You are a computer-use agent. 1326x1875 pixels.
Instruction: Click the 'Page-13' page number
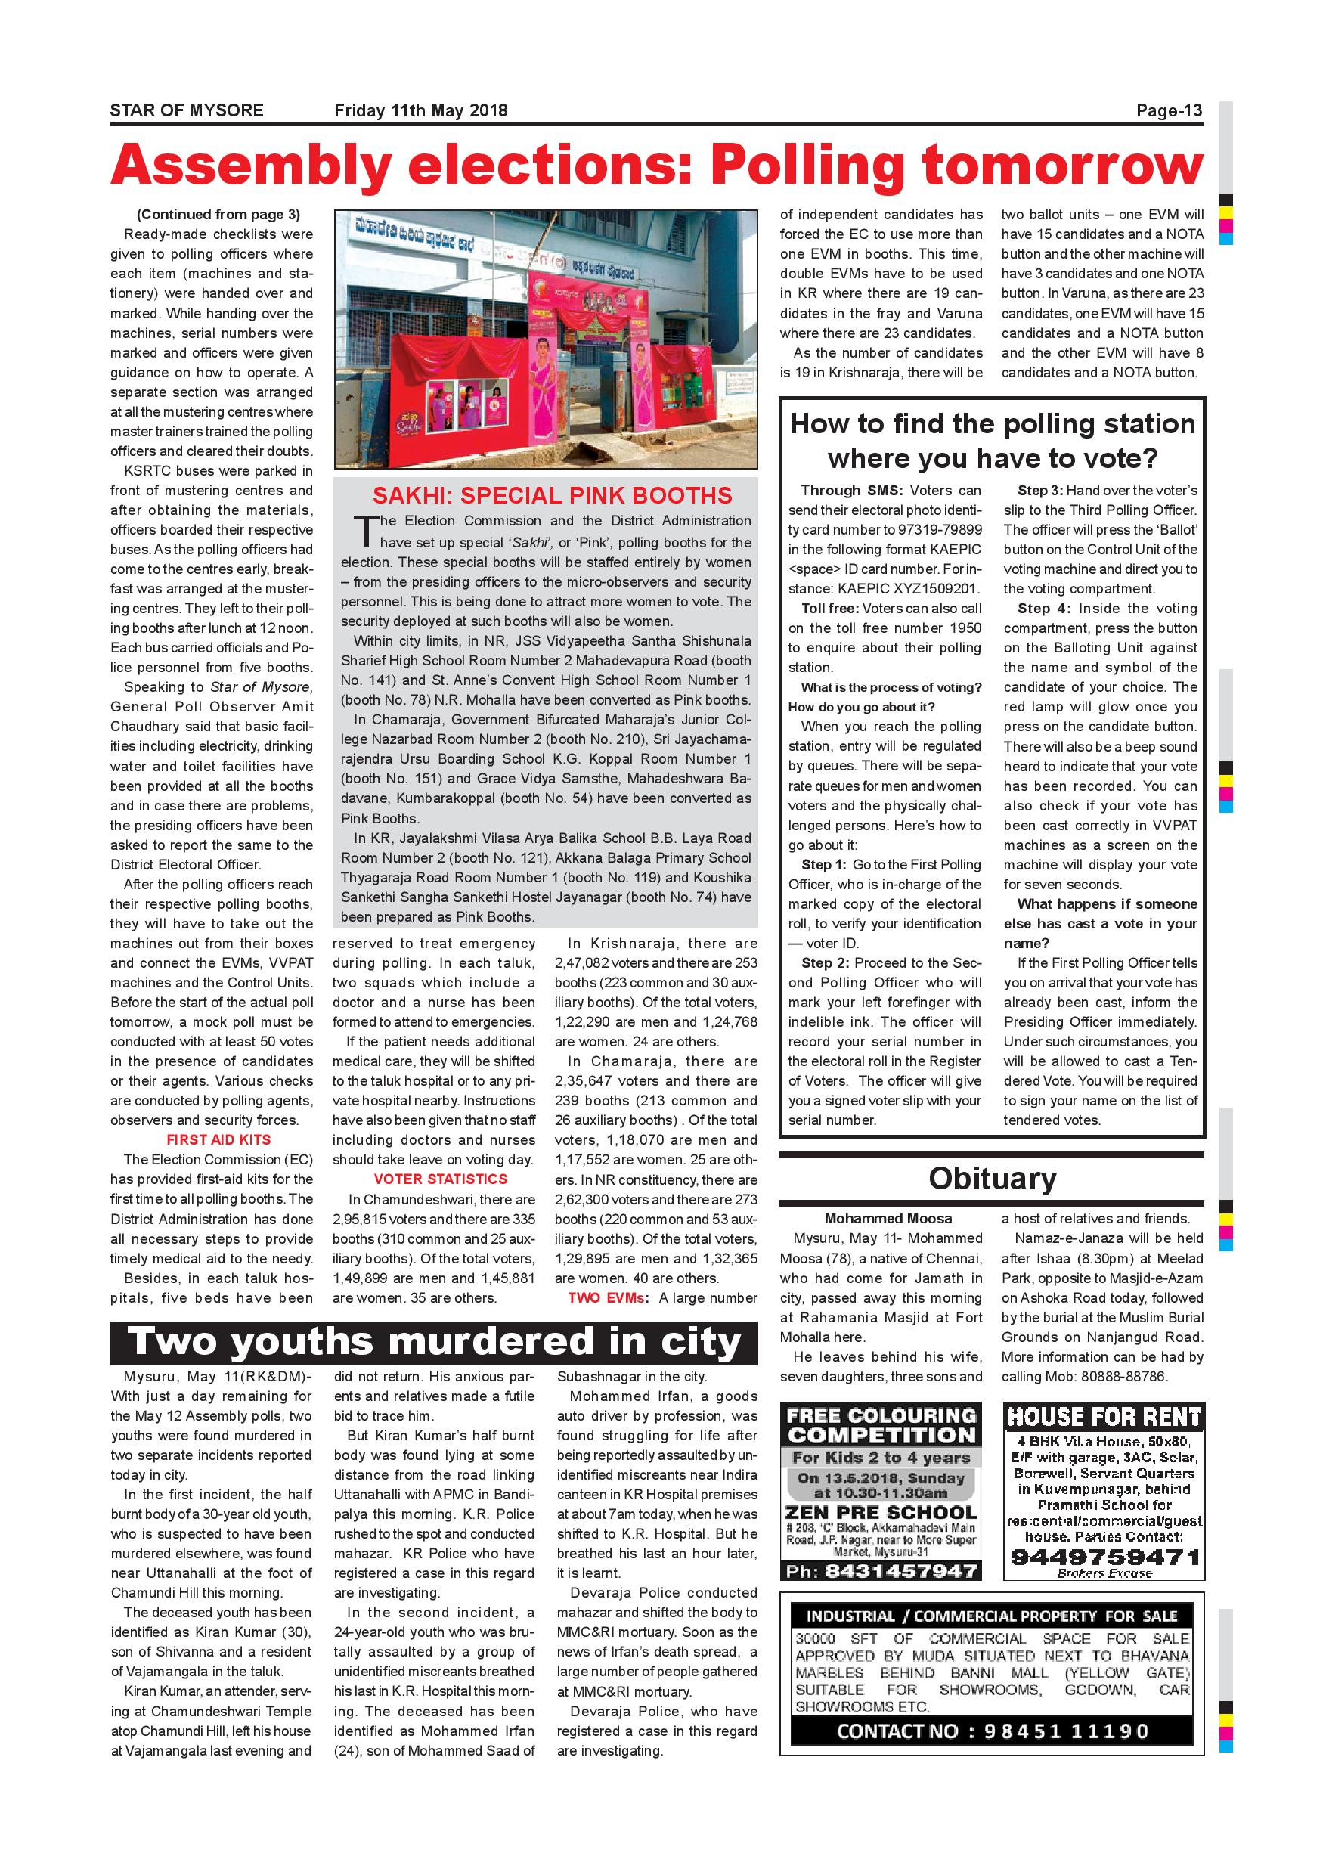pyautogui.click(x=1170, y=110)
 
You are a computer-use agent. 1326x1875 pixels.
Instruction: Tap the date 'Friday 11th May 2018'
pyautogui.click(x=420, y=110)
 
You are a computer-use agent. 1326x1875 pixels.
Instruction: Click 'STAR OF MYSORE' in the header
pyautogui.click(x=187, y=110)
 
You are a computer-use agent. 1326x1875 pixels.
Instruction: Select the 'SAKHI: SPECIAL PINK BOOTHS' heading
pyautogui.click(x=553, y=496)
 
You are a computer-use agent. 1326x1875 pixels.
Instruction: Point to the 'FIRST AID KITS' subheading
pyautogui.click(x=218, y=1139)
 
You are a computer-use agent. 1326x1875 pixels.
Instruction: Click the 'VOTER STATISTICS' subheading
pyautogui.click(x=440, y=1179)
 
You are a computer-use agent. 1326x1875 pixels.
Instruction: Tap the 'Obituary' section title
pyautogui.click(x=992, y=1179)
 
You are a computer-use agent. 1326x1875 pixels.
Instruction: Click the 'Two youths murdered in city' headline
pyautogui.click(x=435, y=1342)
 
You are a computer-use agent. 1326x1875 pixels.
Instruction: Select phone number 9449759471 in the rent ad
pyautogui.click(x=1104, y=1556)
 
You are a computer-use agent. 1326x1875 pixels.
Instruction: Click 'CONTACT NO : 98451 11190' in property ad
pyautogui.click(x=992, y=1731)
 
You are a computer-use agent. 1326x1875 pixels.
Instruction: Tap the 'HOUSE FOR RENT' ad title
pyautogui.click(x=1104, y=1417)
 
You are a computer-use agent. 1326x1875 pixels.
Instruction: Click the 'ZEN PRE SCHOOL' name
pyautogui.click(x=881, y=1512)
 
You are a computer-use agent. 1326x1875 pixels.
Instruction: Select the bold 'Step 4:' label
pyautogui.click(x=1043, y=609)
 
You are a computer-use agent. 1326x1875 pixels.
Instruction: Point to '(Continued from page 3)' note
pyautogui.click(x=218, y=215)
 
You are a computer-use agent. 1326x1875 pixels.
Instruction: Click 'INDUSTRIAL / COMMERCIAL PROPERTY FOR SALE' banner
pyautogui.click(x=992, y=1616)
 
